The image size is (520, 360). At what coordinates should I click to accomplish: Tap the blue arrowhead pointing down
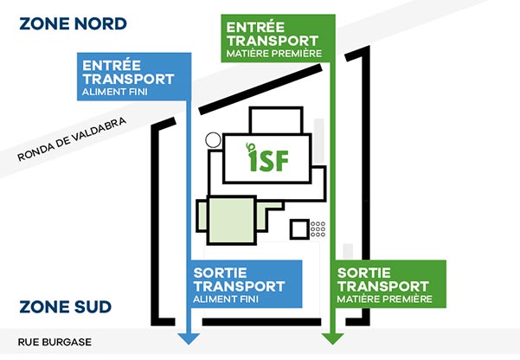coord(188,337)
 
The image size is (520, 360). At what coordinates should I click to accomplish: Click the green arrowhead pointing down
coord(328,337)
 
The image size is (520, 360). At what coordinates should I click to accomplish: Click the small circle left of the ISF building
coord(211,139)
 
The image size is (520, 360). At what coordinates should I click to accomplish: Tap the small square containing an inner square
coord(299,230)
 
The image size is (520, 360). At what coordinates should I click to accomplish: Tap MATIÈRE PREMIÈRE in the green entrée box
coord(273,54)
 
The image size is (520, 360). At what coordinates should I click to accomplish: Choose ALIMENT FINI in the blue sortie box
coord(226,299)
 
